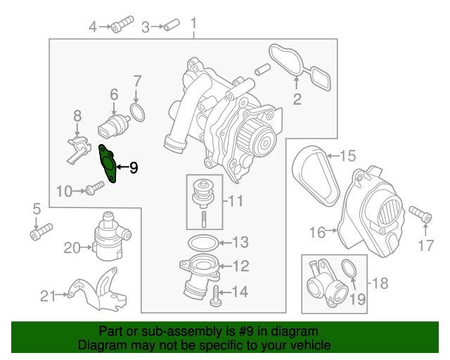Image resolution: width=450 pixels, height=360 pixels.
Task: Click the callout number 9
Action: [133, 167]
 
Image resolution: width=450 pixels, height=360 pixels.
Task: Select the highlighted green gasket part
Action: [109, 164]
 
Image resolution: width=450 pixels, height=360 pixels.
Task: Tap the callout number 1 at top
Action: [194, 27]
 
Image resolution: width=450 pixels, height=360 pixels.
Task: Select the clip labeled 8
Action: [78, 147]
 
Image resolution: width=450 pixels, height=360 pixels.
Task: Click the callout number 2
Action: [297, 99]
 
